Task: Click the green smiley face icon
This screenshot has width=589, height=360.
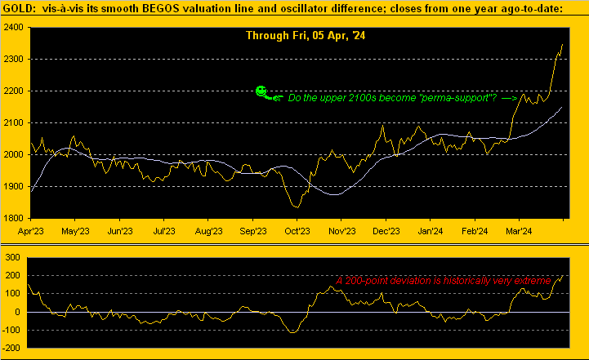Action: point(261,91)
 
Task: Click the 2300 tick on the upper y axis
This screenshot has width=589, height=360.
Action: point(13,59)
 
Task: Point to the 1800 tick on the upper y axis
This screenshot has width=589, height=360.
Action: point(13,218)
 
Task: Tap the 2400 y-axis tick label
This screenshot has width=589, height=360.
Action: point(13,27)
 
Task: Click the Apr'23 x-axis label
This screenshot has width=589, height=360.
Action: point(30,231)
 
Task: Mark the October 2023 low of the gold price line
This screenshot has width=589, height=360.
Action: point(296,207)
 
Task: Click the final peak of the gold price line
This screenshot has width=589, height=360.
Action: point(562,44)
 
